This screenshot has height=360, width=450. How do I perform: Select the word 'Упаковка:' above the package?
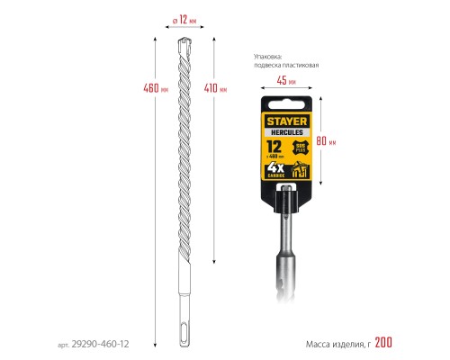point(267,57)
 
